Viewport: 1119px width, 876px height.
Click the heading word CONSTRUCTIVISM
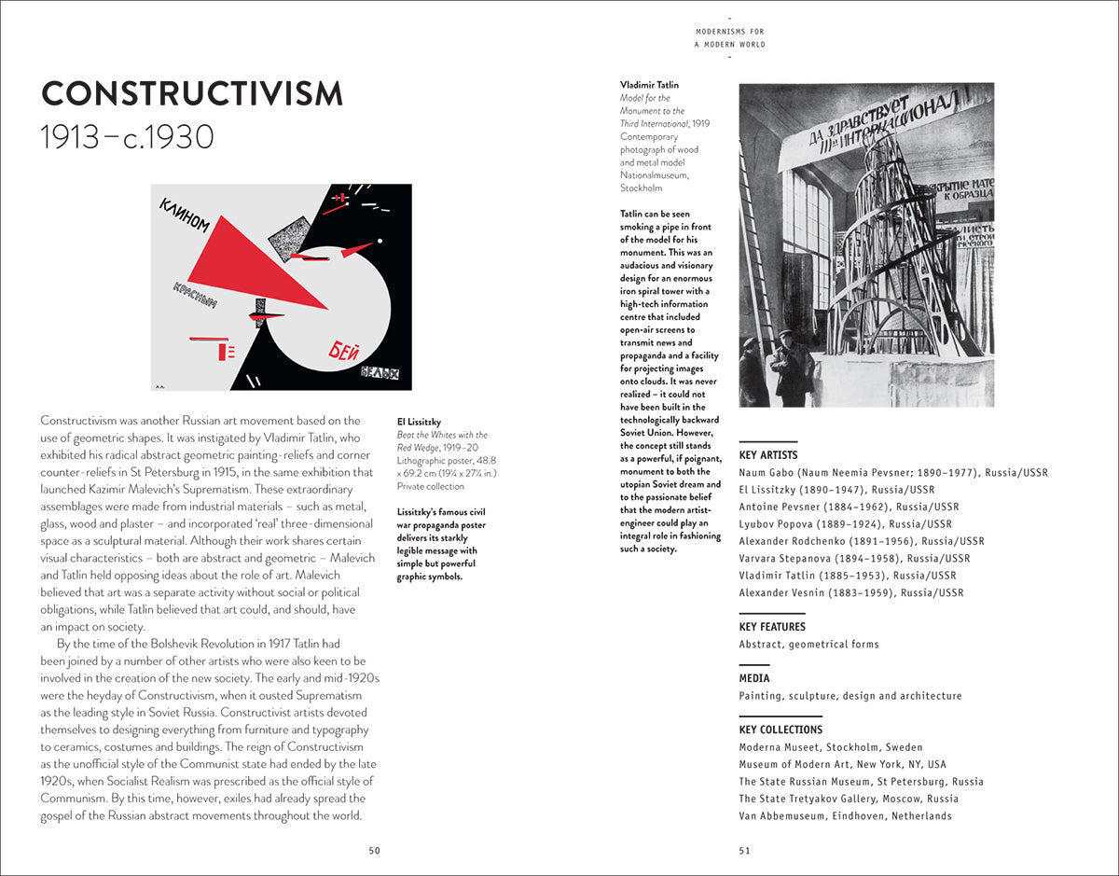(x=192, y=94)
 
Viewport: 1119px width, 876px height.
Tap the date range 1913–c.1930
(x=128, y=138)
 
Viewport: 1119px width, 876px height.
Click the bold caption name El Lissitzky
(x=419, y=421)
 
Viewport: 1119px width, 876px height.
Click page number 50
(x=374, y=850)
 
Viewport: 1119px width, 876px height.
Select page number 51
(x=744, y=850)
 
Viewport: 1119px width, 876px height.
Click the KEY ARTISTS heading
(x=768, y=455)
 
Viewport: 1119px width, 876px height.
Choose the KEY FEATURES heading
(x=772, y=627)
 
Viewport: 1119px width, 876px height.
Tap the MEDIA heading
(x=754, y=678)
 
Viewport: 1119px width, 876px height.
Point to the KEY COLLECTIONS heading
(x=781, y=730)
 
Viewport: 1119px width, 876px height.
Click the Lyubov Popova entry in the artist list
(x=845, y=524)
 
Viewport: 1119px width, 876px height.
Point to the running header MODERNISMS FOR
(x=730, y=31)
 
